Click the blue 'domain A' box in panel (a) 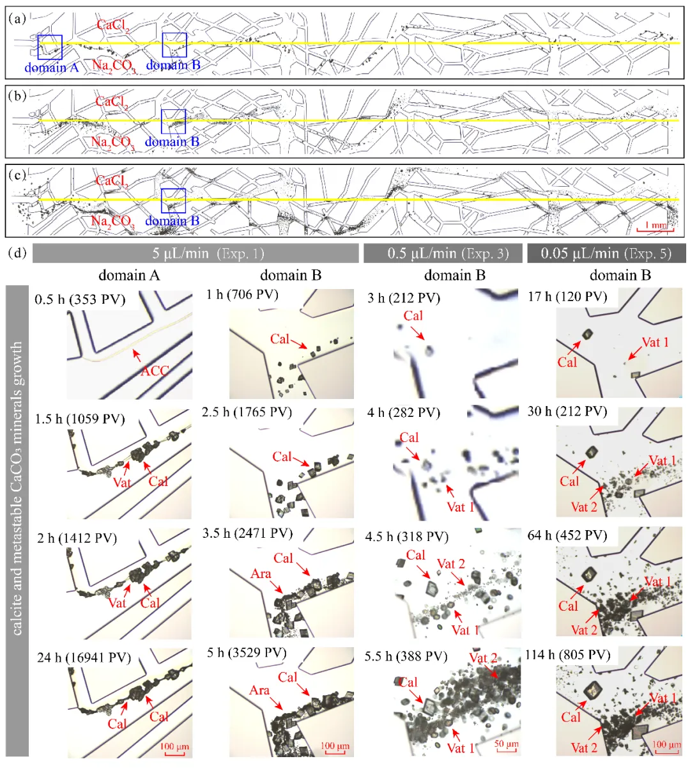[x=50, y=47]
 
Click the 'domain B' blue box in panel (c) [x=173, y=201]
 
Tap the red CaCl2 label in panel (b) [x=112, y=102]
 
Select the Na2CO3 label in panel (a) [x=113, y=65]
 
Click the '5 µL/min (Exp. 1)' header [x=195, y=253]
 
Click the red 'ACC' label [x=155, y=371]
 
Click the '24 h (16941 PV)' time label [x=84, y=657]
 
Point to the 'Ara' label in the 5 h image [x=259, y=691]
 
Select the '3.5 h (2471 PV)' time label [x=247, y=533]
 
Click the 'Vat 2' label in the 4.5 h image [x=451, y=564]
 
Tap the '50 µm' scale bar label [x=506, y=745]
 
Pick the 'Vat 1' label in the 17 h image [x=655, y=343]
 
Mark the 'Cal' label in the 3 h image [x=413, y=316]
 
